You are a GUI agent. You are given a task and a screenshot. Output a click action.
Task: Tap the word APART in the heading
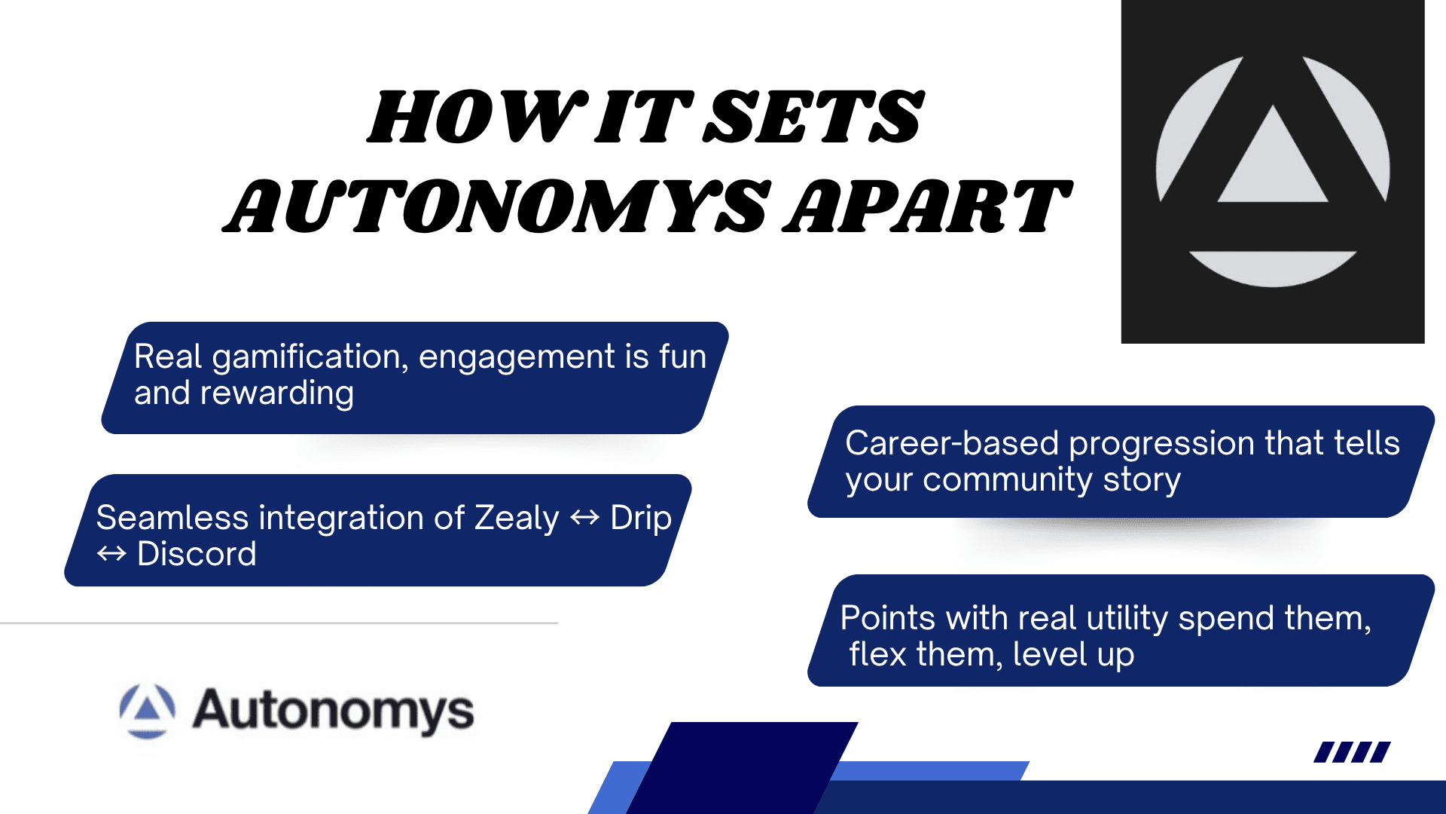click(928, 206)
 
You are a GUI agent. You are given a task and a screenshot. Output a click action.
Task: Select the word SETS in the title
click(813, 116)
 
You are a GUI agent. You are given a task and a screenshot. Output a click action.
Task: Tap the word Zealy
click(517, 519)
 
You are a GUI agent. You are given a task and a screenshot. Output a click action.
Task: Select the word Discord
click(197, 554)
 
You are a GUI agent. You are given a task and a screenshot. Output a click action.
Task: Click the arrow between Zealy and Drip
click(585, 518)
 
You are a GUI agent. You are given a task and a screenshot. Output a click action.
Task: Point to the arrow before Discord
click(111, 555)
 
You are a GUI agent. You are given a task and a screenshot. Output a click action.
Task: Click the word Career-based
click(952, 443)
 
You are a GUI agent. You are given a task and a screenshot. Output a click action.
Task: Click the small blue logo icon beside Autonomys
click(148, 711)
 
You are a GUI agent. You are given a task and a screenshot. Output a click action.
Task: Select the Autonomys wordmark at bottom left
click(333, 711)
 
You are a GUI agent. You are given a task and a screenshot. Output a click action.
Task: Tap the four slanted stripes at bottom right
click(1352, 752)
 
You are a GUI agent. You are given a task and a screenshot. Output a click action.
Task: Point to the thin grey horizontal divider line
click(279, 623)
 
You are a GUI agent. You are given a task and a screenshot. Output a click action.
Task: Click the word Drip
click(641, 519)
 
